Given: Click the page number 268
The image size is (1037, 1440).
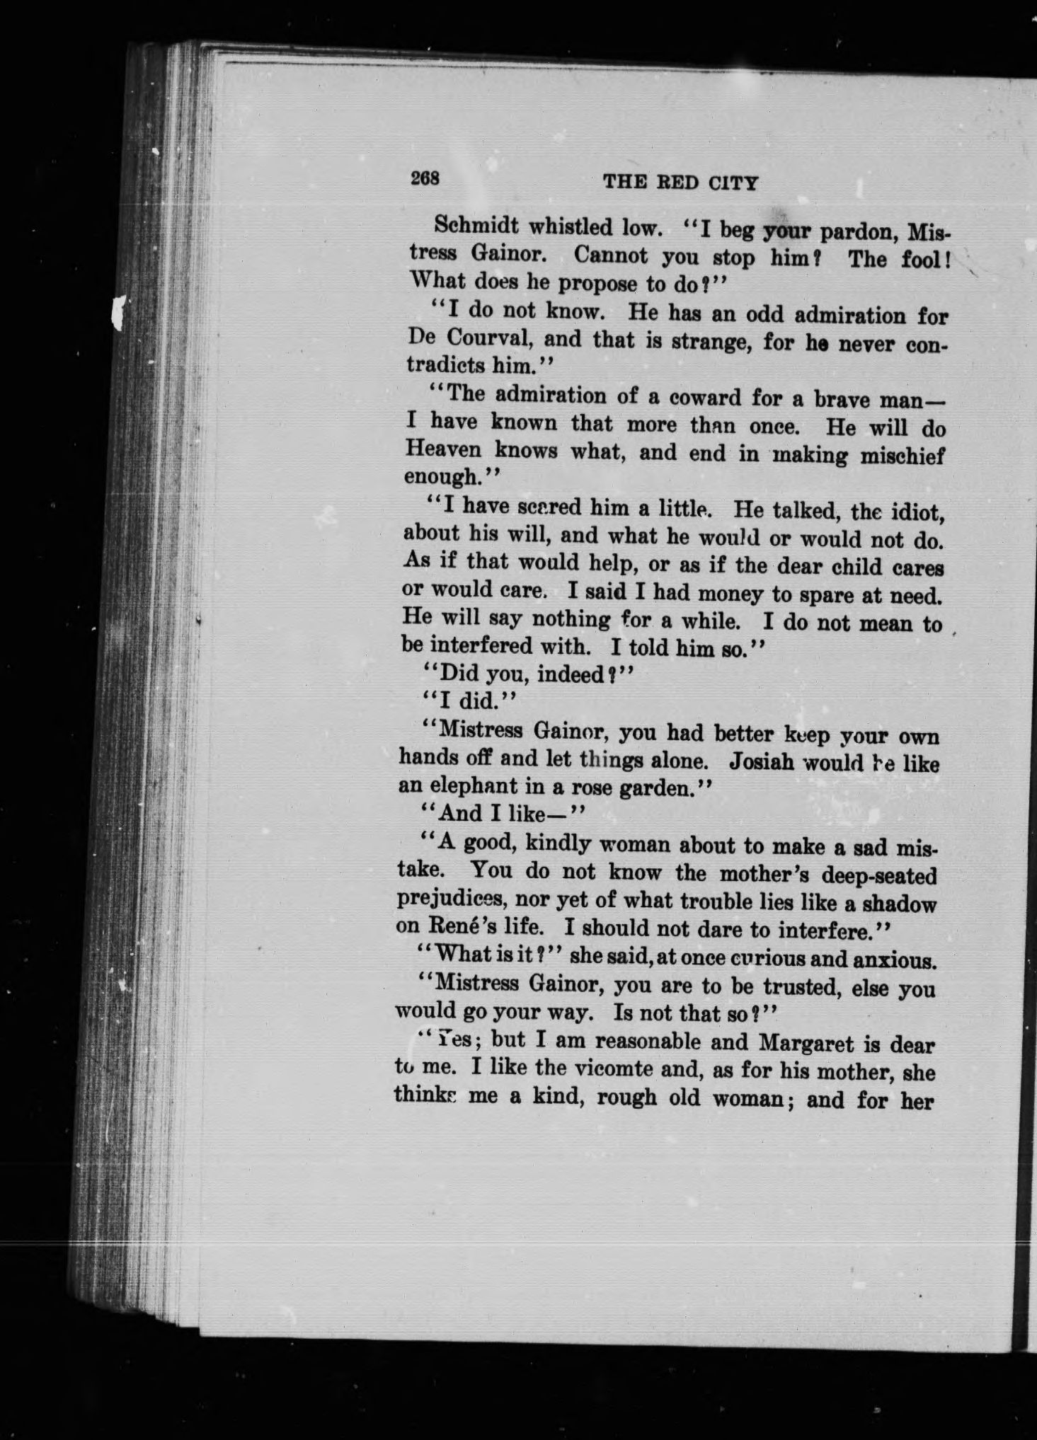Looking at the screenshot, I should tap(425, 178).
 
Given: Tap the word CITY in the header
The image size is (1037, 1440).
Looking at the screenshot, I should tap(732, 184).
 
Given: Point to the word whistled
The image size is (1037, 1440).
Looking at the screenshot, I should tap(573, 227).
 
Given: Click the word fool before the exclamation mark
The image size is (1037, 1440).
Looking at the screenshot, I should tap(924, 259).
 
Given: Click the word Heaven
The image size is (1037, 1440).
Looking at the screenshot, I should tap(444, 450).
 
